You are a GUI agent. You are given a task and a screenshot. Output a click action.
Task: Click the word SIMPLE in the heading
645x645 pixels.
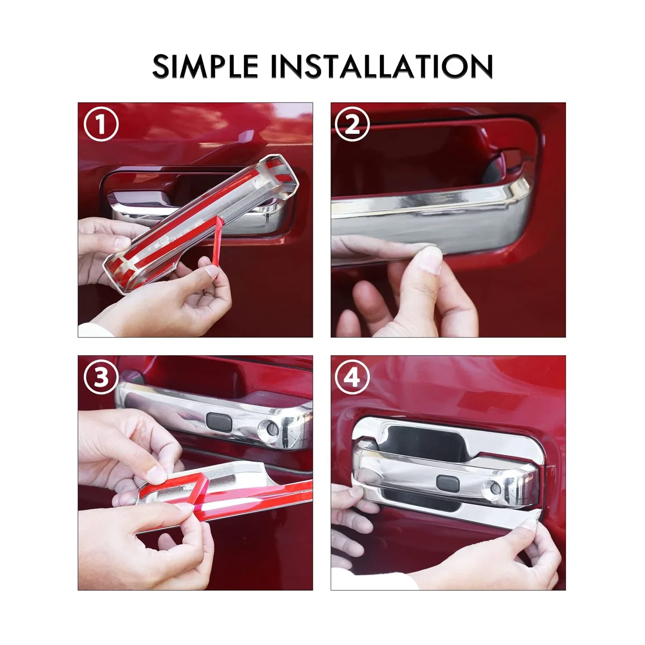tap(205, 66)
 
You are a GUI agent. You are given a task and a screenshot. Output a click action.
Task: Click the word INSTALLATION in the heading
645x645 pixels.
tap(382, 66)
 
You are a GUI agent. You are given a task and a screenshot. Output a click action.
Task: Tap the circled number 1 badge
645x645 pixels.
tap(101, 124)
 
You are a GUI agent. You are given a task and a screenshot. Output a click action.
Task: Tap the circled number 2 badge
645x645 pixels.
tap(352, 124)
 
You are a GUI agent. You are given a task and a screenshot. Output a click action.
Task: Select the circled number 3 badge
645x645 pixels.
tap(101, 377)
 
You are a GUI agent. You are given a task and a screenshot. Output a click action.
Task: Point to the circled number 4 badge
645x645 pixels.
tap(352, 377)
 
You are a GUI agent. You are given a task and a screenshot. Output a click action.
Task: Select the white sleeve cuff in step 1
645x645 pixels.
tap(95, 329)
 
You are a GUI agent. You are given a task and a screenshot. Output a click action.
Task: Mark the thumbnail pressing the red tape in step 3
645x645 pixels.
tap(156, 474)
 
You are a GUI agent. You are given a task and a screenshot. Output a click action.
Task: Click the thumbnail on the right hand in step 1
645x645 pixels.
tap(212, 271)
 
